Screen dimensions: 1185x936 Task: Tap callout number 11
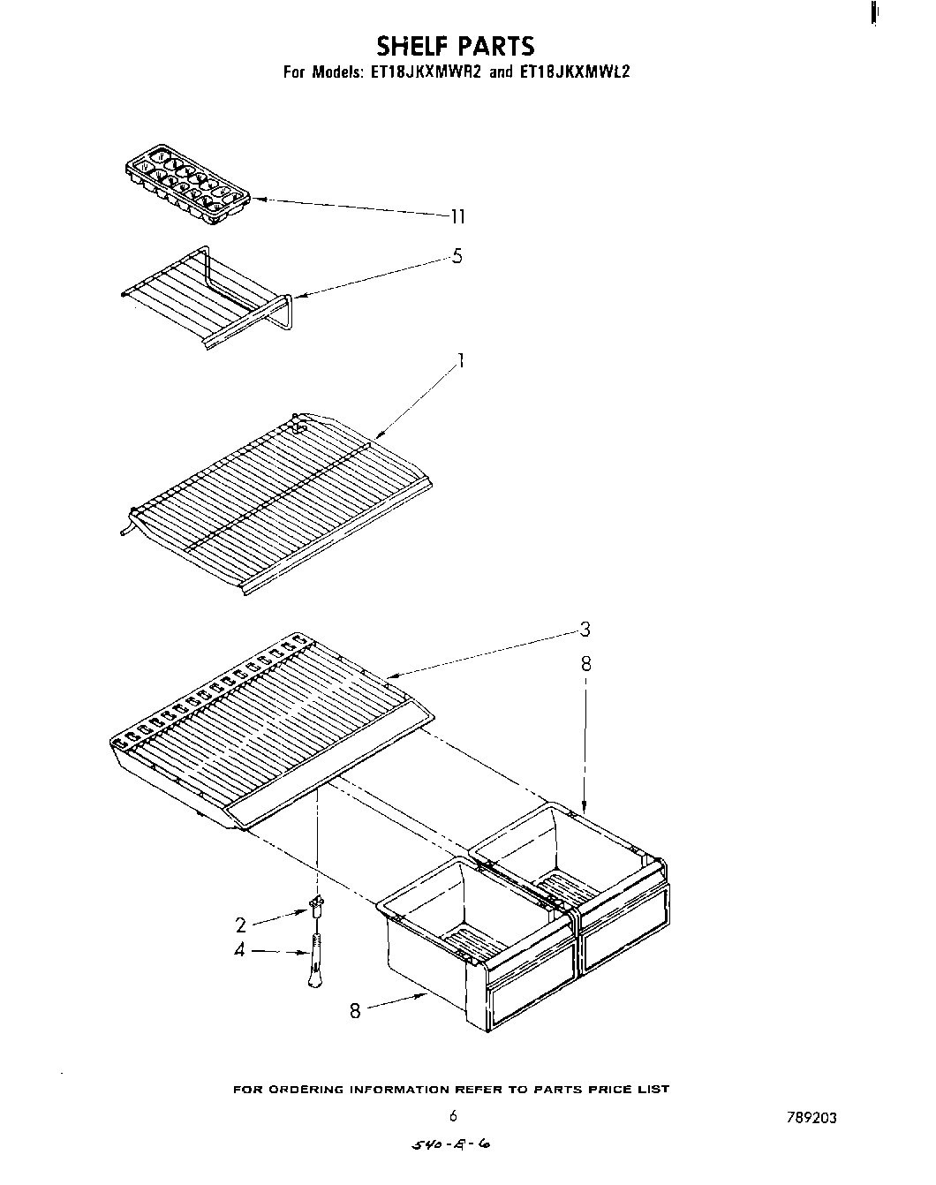(457, 216)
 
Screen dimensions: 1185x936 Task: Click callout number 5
(457, 257)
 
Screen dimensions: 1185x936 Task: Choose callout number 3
(585, 630)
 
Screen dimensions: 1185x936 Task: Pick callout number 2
(240, 925)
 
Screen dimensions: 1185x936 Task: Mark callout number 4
(239, 952)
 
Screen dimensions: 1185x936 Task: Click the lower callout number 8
(355, 1012)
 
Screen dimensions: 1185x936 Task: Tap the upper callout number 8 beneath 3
(585, 664)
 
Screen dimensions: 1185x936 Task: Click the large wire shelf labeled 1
(274, 499)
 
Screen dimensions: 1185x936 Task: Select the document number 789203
(811, 1118)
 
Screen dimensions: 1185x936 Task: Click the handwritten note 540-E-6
(451, 1145)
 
